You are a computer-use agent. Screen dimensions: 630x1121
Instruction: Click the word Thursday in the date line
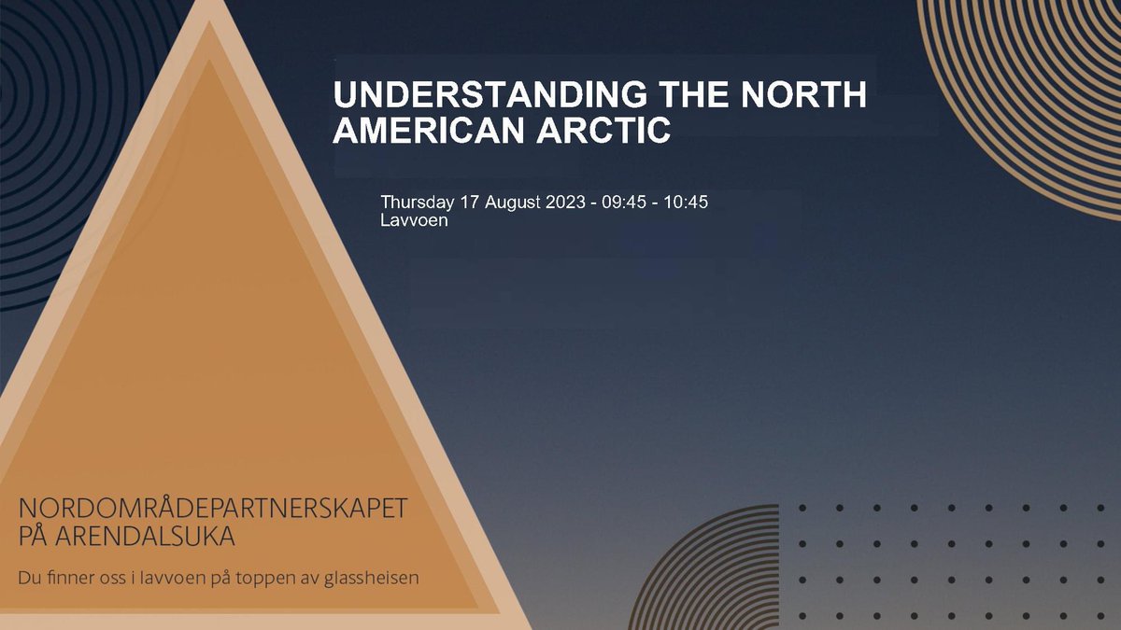click(x=418, y=203)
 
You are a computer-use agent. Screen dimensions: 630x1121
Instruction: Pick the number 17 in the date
click(x=470, y=203)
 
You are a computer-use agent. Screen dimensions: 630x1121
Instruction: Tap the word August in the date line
click(x=514, y=203)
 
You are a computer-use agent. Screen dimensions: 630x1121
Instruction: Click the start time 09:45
click(x=626, y=203)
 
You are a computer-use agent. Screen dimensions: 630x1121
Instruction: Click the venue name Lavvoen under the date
click(x=414, y=221)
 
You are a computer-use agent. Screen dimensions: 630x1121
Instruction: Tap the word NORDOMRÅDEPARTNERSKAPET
click(x=213, y=510)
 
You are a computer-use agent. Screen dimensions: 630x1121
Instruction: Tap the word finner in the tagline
click(x=70, y=578)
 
